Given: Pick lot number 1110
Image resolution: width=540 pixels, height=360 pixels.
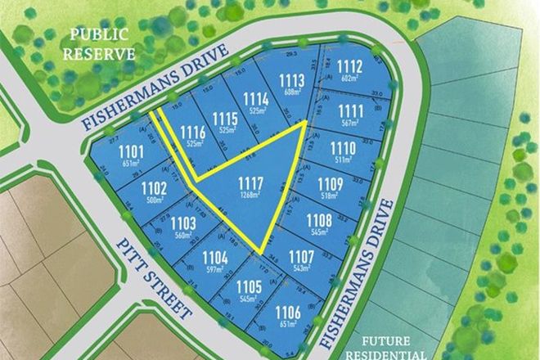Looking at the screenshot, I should click(x=341, y=147).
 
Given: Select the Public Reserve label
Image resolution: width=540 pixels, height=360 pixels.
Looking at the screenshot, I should click(x=100, y=44).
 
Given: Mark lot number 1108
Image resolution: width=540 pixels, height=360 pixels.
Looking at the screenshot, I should click(x=318, y=219).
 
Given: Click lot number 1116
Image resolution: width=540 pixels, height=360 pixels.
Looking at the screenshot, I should click(x=192, y=131).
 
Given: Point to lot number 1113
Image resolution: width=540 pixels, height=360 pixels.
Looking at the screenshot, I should click(x=290, y=79).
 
